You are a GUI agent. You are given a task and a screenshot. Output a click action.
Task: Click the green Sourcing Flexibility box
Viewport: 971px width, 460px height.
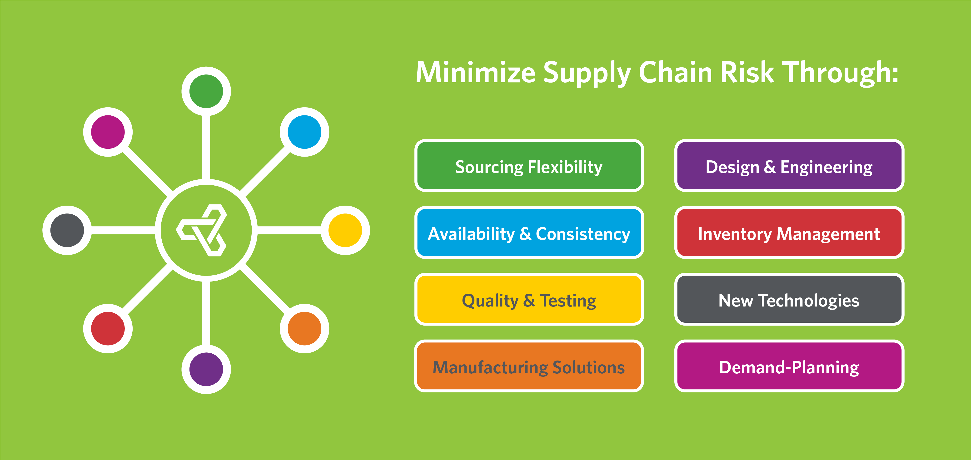tap(529, 166)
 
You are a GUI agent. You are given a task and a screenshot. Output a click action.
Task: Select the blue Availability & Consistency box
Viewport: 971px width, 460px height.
tap(529, 232)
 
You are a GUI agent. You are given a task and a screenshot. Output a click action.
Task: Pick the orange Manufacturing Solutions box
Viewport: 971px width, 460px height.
tap(529, 366)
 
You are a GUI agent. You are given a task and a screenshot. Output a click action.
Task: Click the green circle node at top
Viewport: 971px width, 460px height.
tap(206, 91)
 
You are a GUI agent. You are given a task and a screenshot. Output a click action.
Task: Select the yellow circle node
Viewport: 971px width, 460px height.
tap(345, 230)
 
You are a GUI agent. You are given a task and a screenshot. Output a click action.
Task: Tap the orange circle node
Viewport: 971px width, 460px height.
tap(304, 328)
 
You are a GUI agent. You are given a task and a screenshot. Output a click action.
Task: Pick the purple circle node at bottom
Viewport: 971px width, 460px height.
tap(206, 369)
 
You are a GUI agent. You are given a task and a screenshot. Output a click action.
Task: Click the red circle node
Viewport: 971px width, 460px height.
tap(108, 328)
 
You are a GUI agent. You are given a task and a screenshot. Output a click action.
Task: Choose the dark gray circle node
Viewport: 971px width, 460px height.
tap(67, 230)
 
